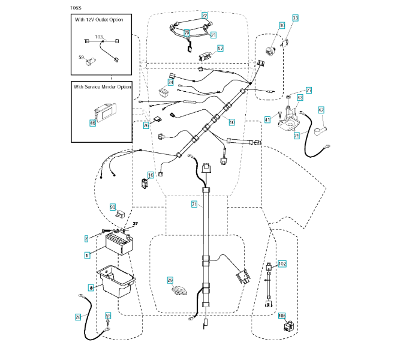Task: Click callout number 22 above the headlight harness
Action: click(x=204, y=14)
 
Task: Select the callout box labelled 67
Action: click(x=220, y=48)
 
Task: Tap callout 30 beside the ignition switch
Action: click(x=281, y=25)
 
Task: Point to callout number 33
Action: click(x=294, y=19)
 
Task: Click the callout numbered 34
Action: click(x=171, y=82)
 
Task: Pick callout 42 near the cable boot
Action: click(x=321, y=110)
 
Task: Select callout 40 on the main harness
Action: click(x=232, y=121)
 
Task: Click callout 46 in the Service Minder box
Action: click(x=92, y=123)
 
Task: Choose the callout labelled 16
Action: click(x=151, y=175)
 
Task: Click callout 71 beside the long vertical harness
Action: click(x=194, y=205)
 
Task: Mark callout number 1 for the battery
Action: click(x=87, y=255)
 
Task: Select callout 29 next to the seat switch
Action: click(x=170, y=280)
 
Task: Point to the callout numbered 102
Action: click(x=282, y=263)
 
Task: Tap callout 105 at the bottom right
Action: click(x=281, y=315)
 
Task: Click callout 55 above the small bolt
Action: click(x=108, y=314)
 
